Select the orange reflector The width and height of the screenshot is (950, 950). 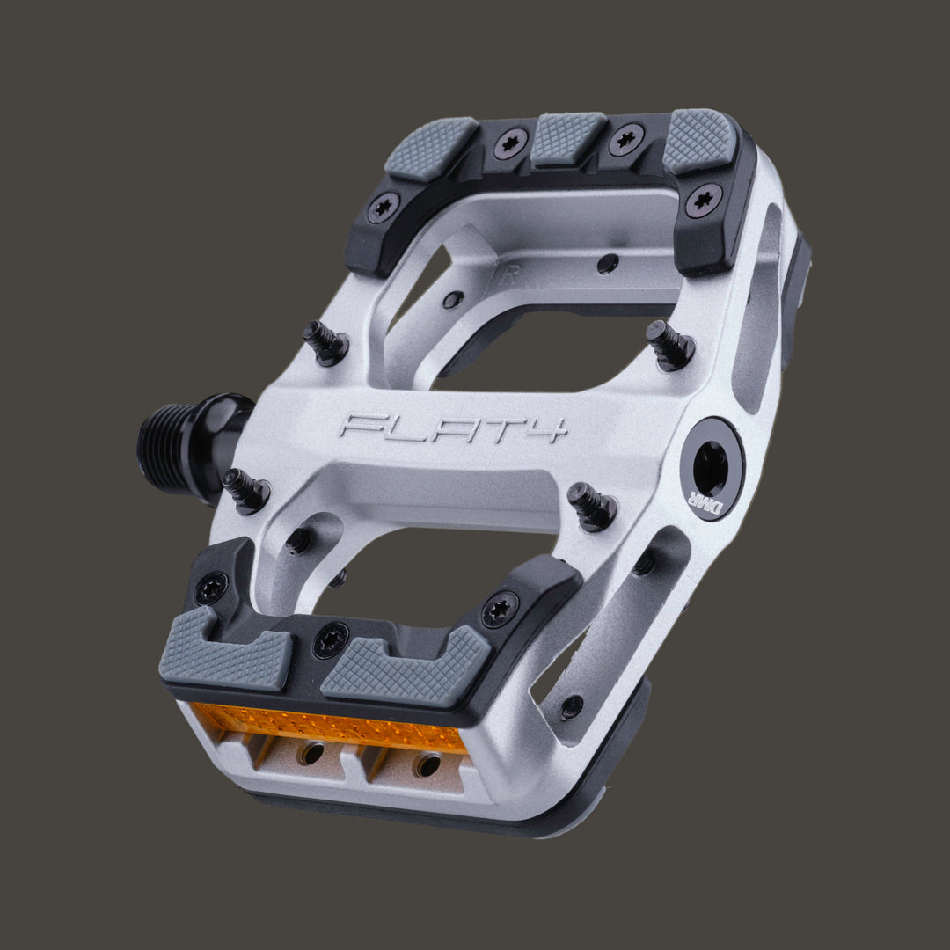(x=330, y=727)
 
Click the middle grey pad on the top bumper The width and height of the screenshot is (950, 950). (x=567, y=138)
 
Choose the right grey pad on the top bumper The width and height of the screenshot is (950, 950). (x=701, y=140)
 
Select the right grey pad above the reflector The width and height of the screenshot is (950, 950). (x=406, y=669)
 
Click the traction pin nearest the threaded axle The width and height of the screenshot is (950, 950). (x=245, y=490)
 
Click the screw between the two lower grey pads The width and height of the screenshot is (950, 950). (x=330, y=639)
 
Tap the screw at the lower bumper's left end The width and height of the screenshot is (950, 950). (x=211, y=588)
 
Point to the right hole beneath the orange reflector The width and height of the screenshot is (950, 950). (x=427, y=764)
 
